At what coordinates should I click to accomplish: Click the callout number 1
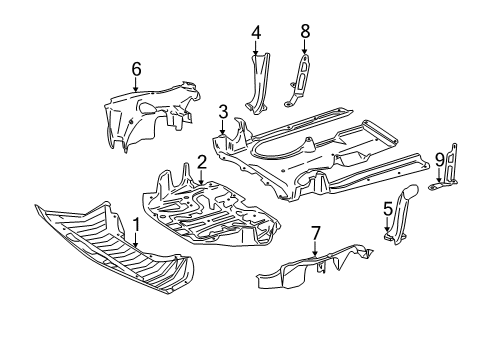pos(136,225)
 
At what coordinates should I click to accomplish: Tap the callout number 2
pos(202,162)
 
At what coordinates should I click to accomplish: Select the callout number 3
pos(223,112)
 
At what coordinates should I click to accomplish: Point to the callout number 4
pos(256,33)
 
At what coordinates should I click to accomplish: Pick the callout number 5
pos(388,209)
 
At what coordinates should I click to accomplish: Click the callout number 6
pos(136,69)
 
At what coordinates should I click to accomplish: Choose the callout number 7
pos(315,233)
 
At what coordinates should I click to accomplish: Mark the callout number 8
pos(305,31)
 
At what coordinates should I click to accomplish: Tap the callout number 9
pos(439,161)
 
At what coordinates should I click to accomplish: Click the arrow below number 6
pos(136,85)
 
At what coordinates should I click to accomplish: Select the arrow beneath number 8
pos(304,47)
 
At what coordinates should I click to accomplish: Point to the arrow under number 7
pos(315,249)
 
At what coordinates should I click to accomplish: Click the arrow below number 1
pos(136,240)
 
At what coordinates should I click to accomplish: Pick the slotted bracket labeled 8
pos(298,81)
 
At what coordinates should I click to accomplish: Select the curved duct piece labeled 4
pos(258,83)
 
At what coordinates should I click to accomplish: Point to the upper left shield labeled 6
pos(150,115)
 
